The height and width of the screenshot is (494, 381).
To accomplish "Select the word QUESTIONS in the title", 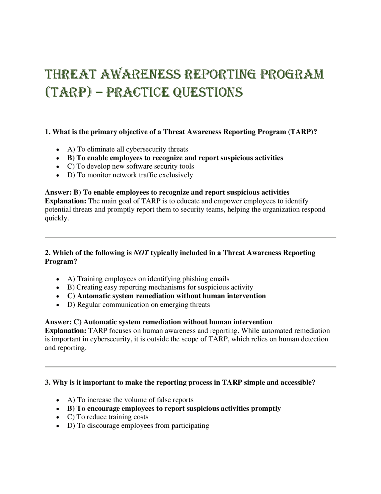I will tap(208, 92).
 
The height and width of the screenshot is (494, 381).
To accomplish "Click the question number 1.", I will tap(47, 132).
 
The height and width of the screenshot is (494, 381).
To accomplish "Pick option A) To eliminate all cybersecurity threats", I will tap(127, 149).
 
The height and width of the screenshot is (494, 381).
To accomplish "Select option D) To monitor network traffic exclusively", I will tap(130, 175).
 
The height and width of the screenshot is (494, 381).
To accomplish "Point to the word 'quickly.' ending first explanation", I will tap(57, 218).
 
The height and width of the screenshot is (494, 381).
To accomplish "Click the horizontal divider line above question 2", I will tap(190, 237).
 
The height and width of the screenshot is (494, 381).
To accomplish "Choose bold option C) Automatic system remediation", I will tap(166, 296).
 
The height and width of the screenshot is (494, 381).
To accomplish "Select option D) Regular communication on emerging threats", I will tap(138, 305).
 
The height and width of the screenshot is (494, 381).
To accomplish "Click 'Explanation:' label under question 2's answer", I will tap(65, 331).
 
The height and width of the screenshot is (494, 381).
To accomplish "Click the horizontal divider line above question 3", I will tap(190, 367).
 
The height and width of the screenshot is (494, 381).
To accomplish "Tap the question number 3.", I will tap(47, 382).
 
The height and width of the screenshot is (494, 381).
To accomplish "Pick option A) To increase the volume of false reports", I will tap(130, 400).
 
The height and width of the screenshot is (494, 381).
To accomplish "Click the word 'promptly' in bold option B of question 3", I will tap(266, 408).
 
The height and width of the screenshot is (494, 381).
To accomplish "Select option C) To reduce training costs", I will tap(107, 417).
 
